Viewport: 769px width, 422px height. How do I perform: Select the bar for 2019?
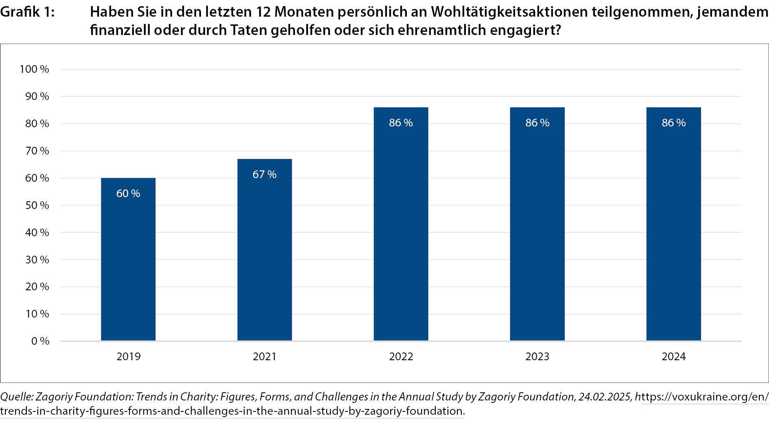click(128, 260)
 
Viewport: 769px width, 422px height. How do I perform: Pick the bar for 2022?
click(401, 224)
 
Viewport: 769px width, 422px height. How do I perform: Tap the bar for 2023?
click(537, 224)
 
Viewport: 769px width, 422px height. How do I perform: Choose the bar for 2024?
click(673, 224)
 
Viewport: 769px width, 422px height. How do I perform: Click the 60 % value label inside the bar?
click(128, 194)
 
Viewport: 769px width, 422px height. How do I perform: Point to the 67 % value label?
click(264, 174)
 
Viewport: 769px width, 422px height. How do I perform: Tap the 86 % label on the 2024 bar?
click(673, 123)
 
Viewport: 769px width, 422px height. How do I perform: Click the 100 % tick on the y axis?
click(34, 69)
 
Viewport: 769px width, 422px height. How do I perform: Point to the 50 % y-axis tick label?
click(37, 205)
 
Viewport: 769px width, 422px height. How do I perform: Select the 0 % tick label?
click(40, 341)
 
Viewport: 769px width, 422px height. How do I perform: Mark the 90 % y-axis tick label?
click(37, 96)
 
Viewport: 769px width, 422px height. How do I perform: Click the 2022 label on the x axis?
click(401, 357)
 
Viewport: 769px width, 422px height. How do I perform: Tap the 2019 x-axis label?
click(128, 357)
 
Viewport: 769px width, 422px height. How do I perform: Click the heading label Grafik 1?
click(27, 12)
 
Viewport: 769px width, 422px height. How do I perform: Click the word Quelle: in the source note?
click(17, 397)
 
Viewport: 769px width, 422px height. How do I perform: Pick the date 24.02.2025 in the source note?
click(604, 397)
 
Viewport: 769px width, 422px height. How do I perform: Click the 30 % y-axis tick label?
click(37, 260)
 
